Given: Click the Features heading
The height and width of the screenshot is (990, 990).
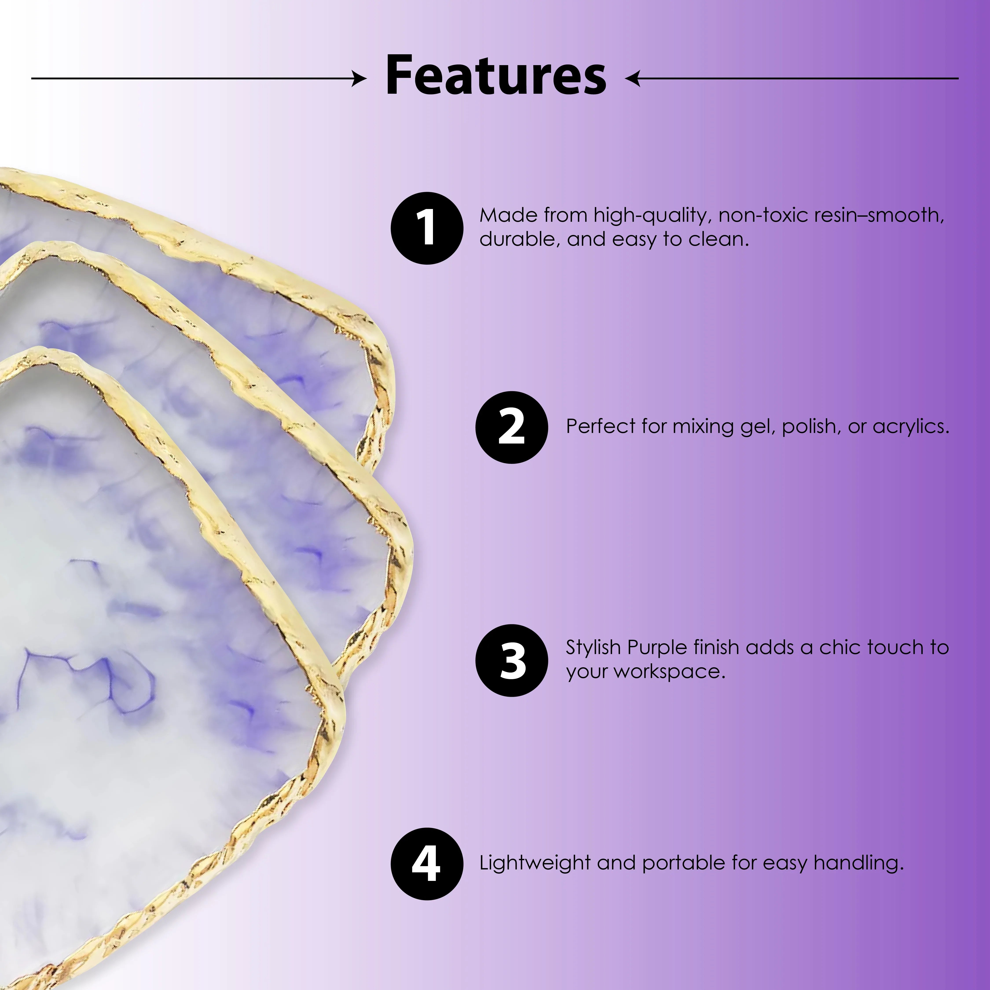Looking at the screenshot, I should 495,76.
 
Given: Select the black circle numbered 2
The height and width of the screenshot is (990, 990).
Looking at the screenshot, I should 511,427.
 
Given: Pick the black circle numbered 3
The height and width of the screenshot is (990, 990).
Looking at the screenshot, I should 511,660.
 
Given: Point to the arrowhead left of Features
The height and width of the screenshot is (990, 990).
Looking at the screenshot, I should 360,78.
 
